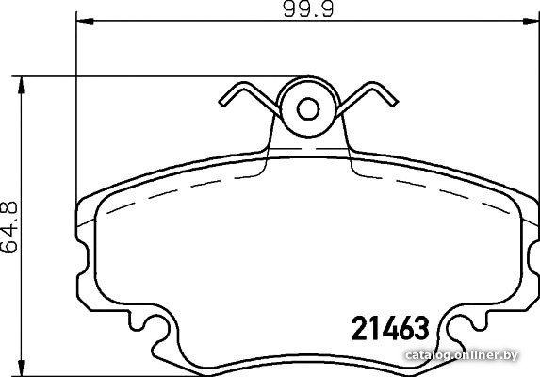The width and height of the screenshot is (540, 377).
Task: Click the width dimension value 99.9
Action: pyautogui.click(x=308, y=9)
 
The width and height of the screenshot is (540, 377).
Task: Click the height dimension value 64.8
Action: pyautogui.click(x=9, y=226)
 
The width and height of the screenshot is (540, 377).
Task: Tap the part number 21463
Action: pyautogui.click(x=390, y=328)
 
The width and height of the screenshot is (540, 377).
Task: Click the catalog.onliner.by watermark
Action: pyautogui.click(x=462, y=355)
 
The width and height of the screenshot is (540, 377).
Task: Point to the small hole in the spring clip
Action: pyautogui.click(x=308, y=109)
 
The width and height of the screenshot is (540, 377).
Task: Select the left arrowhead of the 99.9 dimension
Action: pyautogui.click(x=85, y=22)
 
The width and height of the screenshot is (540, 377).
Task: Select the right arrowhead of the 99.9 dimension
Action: pyautogui.click(x=531, y=22)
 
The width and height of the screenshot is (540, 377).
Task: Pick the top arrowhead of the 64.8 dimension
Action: pyautogui.click(x=22, y=85)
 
